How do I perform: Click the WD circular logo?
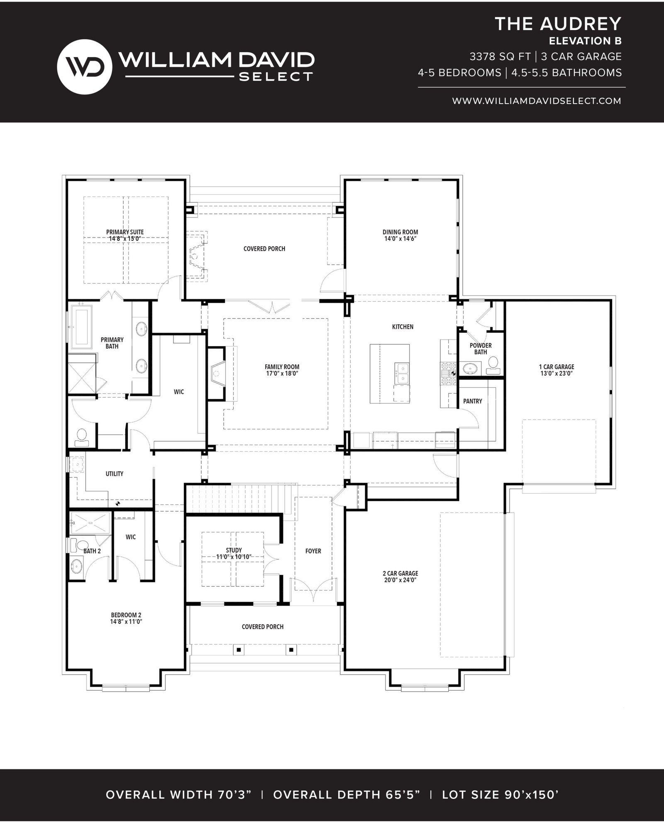84,64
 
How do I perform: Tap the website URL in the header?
537,101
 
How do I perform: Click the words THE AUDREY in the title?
558,24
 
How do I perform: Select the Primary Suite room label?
125,235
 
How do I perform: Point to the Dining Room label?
400,235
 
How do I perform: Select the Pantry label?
473,401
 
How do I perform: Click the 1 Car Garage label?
557,370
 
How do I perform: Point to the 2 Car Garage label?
400,577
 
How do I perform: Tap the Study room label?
234,554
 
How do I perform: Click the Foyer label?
313,551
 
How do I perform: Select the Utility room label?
115,473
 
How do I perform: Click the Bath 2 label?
92,551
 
